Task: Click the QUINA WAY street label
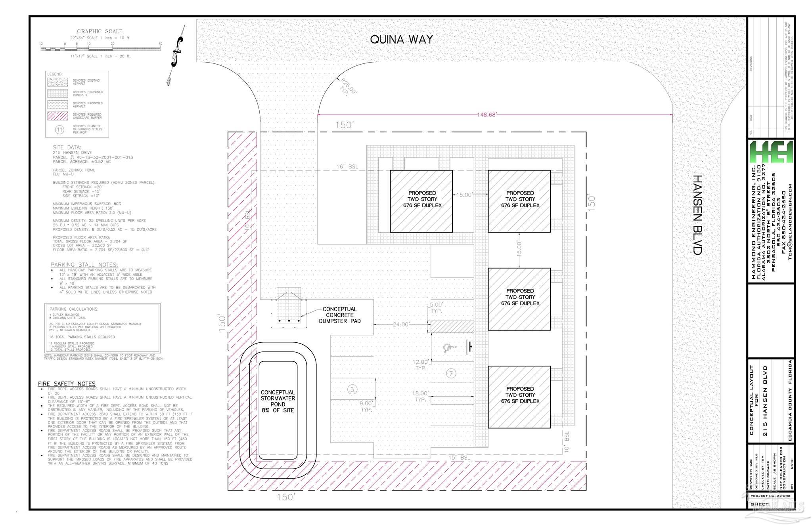401,40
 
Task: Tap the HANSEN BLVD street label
697,215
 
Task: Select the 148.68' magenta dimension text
486,115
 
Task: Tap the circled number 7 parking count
451,373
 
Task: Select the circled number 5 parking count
352,389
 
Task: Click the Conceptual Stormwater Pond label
278,401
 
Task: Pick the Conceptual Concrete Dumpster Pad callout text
340,315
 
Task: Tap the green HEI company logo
771,152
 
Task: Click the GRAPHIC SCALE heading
100,31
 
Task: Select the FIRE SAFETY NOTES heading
67,384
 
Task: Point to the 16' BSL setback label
347,167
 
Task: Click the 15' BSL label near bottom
459,458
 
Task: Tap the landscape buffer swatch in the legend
57,116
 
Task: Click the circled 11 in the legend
59,129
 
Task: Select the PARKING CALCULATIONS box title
74,309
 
